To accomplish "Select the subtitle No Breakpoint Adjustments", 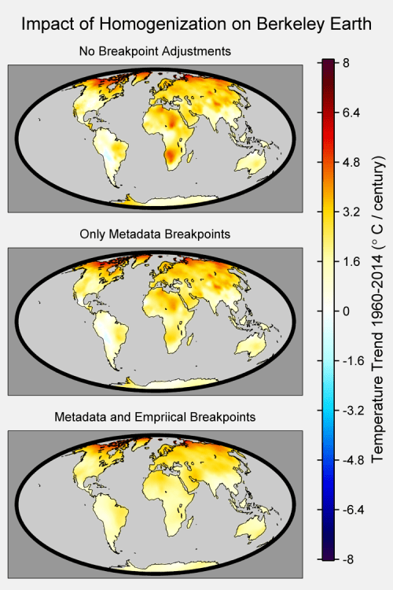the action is [155, 51].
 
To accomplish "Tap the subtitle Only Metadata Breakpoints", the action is [155, 234].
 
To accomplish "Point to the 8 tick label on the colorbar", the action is [346, 62].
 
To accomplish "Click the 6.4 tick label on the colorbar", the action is [351, 112].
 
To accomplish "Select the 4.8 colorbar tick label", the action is [351, 162].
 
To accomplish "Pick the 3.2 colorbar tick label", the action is [351, 212].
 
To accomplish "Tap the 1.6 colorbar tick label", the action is [351, 261].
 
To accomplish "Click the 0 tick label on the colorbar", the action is [346, 312].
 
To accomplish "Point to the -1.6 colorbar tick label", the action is [353, 361].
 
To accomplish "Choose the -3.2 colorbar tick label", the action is [353, 410].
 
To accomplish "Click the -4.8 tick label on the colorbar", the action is [353, 460].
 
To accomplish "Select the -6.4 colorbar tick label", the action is [353, 510].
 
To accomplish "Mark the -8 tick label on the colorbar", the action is [348, 559].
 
